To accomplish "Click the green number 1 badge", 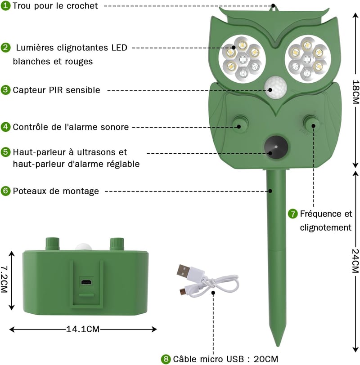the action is tap(5, 5).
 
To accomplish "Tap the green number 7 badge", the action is tap(292, 214).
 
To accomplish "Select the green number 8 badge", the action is tap(166, 359).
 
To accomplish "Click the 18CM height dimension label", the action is tap(355, 92).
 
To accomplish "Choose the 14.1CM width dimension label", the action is tap(83, 329).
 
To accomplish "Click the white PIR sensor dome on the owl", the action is tap(275, 87).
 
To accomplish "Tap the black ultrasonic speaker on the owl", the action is tap(276, 147).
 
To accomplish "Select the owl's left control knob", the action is tap(240, 124).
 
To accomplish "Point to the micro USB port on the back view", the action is tap(86, 282).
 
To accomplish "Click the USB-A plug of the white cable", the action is tap(183, 271).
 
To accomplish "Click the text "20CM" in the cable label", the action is tap(265, 359).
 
